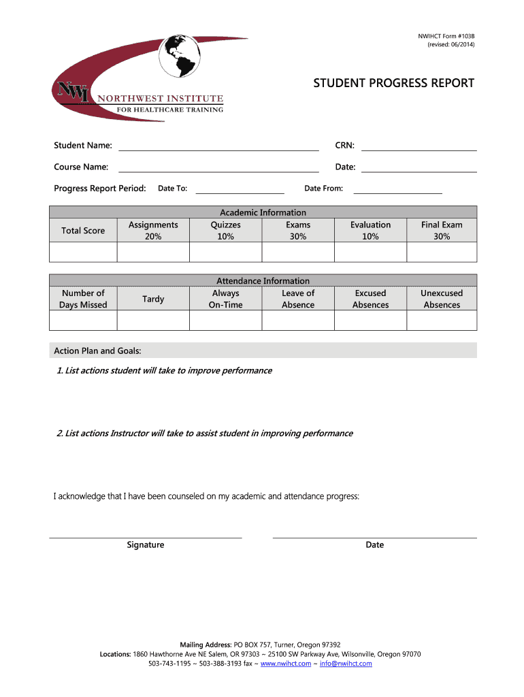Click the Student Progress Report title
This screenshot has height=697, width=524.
[393, 83]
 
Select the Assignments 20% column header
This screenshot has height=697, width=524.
[153, 230]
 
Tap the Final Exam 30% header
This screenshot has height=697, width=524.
[442, 230]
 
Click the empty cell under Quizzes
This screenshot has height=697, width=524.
[225, 252]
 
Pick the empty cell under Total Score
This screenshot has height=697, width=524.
[83, 252]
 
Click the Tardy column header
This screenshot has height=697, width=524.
[153, 299]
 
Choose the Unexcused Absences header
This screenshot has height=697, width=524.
[442, 299]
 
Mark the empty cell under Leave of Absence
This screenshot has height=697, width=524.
[298, 320]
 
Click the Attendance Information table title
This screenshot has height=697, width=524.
[263, 280]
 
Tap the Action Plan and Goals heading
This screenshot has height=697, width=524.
[98, 351]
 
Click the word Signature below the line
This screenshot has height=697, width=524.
[146, 545]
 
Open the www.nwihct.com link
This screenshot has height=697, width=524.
[285, 663]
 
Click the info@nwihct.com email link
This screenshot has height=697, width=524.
[346, 663]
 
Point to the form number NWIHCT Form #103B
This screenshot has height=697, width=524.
[446, 35]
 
